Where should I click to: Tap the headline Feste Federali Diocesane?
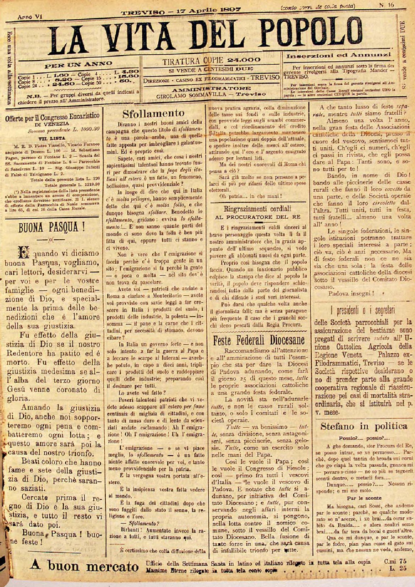(x=259, y=340)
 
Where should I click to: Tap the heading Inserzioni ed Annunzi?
(x=339, y=55)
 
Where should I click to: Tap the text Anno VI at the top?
(x=30, y=17)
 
